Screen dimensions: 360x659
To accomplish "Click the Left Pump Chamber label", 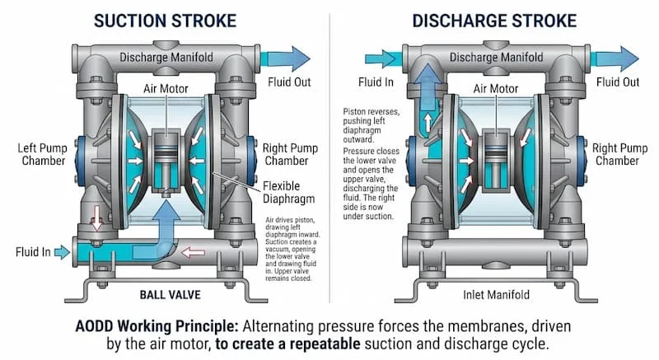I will (41, 154).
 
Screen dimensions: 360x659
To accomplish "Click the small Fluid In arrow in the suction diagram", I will (60, 251).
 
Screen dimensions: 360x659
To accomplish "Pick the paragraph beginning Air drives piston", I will (295, 246).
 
